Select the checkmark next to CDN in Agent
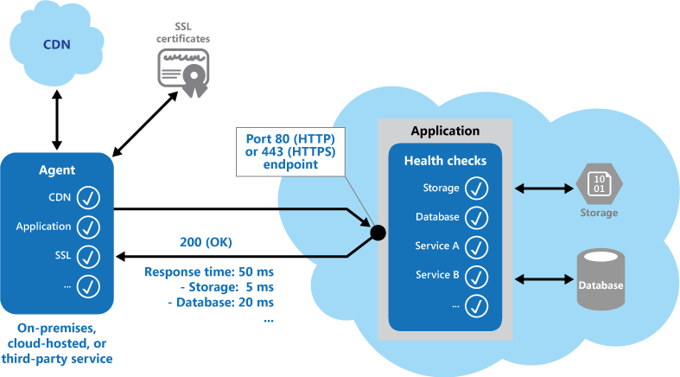pos(88,198)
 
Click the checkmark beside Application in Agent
pos(88,227)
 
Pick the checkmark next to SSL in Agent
pos(88,256)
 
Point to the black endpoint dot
pos(377,232)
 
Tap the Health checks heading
pos(444,160)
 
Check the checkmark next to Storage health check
pos(477,188)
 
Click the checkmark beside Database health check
pos(477,217)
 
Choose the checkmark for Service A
pos(477,246)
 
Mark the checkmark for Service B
pos(477,276)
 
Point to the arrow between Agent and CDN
pos(57,118)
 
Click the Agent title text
pos(57,171)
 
